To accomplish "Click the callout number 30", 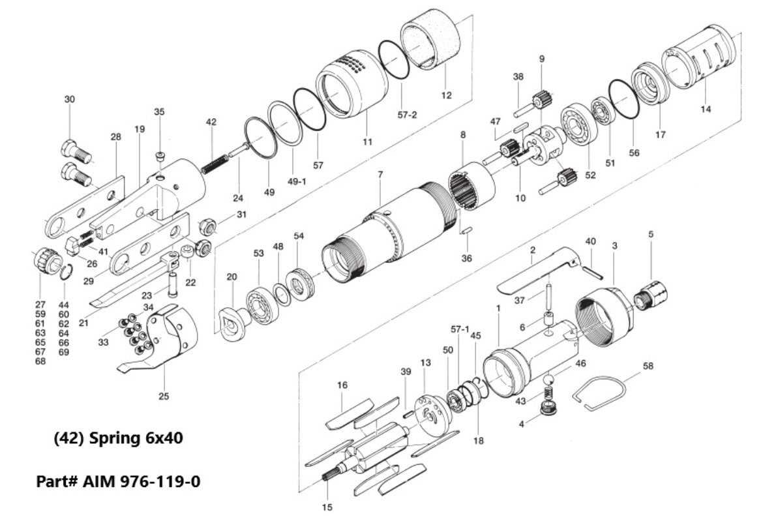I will click(x=69, y=99).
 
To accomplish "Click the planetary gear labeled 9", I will click(x=542, y=101).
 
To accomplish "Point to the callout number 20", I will click(x=231, y=276).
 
